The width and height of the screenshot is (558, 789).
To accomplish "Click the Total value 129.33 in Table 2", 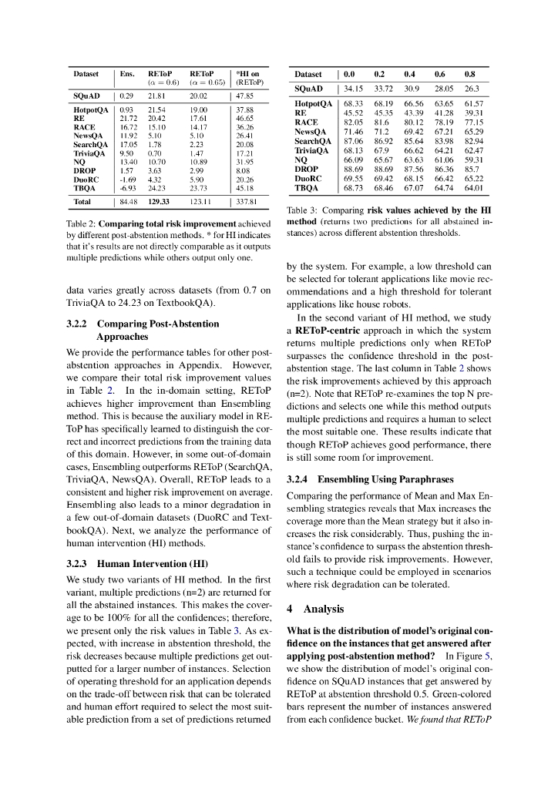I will pyautogui.click(x=159, y=202).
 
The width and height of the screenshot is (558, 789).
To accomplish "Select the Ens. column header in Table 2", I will pyautogui.click(x=127, y=74).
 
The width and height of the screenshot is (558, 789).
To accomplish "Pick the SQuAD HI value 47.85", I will pyautogui.click(x=245, y=96).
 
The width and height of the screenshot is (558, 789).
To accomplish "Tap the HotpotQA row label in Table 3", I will pyautogui.click(x=313, y=103).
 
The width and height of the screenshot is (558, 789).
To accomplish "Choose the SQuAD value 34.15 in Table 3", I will pyautogui.click(x=354, y=89).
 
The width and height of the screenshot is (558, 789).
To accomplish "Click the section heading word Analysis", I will pyautogui.click(x=324, y=609).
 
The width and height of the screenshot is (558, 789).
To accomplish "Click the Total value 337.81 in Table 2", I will pyautogui.click(x=245, y=202).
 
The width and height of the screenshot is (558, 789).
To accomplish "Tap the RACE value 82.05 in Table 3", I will pyautogui.click(x=354, y=122).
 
